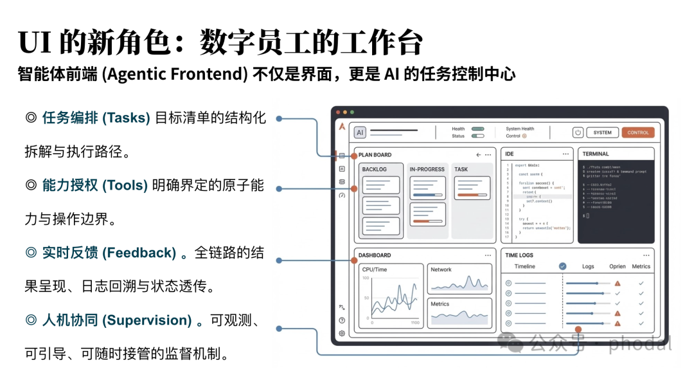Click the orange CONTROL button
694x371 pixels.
pos(637,132)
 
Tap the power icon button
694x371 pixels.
pos(578,132)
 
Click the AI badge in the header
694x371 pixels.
pos(360,132)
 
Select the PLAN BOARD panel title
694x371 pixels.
pos(375,155)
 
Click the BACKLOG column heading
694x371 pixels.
pos(375,169)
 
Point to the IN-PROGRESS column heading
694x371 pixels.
pos(427,169)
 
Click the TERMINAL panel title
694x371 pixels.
pos(596,154)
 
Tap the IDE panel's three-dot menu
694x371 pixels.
pos(565,154)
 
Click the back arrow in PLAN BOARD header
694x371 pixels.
pos(478,155)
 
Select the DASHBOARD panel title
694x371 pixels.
pos(375,255)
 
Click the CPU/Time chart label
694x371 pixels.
pos(375,269)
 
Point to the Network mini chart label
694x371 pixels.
pos(441,269)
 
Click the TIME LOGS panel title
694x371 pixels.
pos(519,255)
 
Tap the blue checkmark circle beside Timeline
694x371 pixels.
pos(562,266)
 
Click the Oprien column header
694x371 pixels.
pos(617,266)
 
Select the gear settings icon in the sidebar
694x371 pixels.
pos(342,333)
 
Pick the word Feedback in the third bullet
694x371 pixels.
pos(139,253)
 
